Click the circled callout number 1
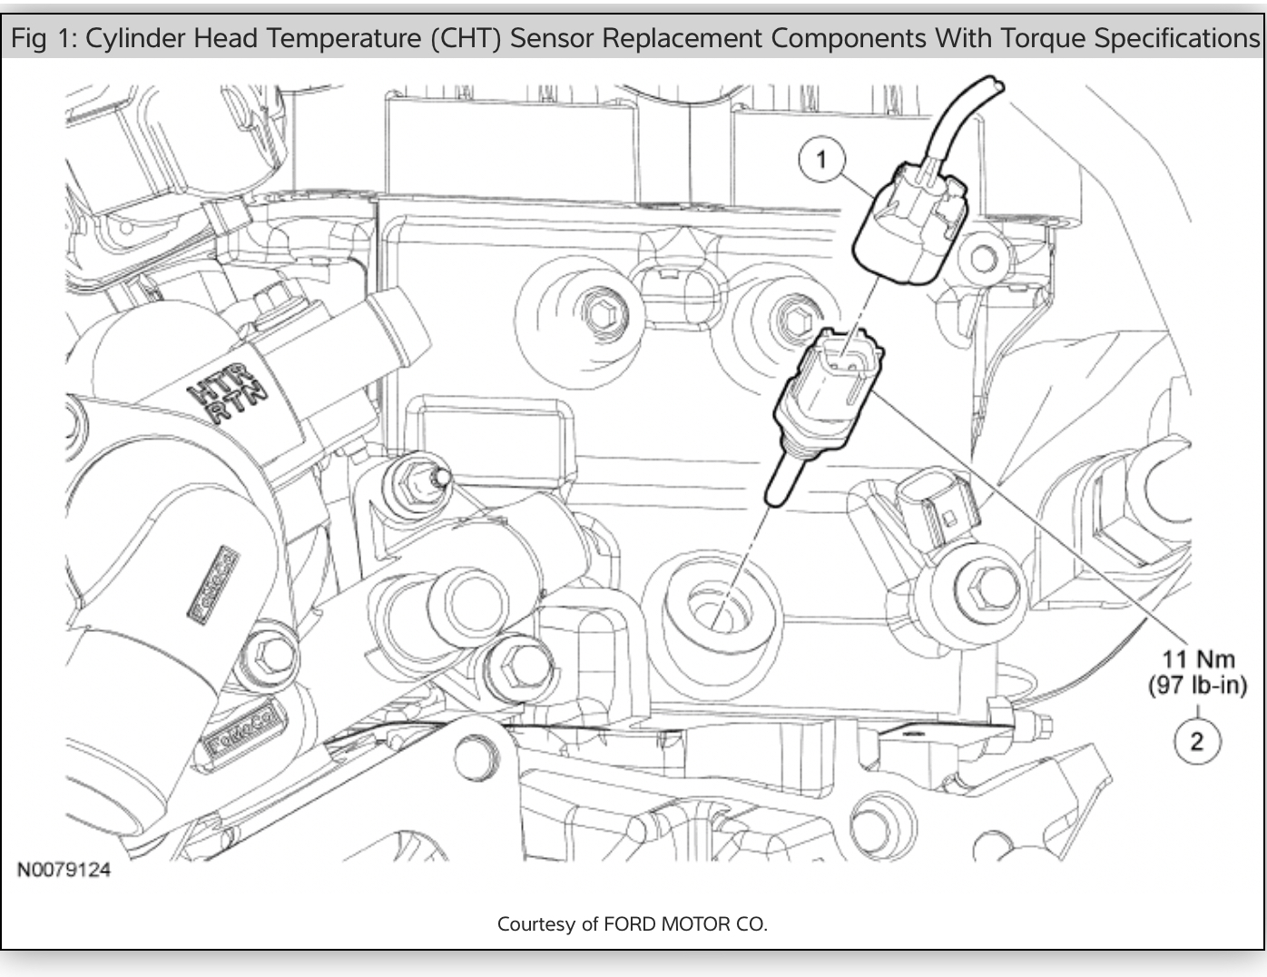coord(821,160)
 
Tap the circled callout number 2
coord(1196,741)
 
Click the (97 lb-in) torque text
coord(1198,686)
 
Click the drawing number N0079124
coord(64,870)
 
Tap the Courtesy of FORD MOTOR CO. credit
coord(633,924)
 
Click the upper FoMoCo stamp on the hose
coord(214,584)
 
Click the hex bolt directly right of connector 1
coord(984,259)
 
